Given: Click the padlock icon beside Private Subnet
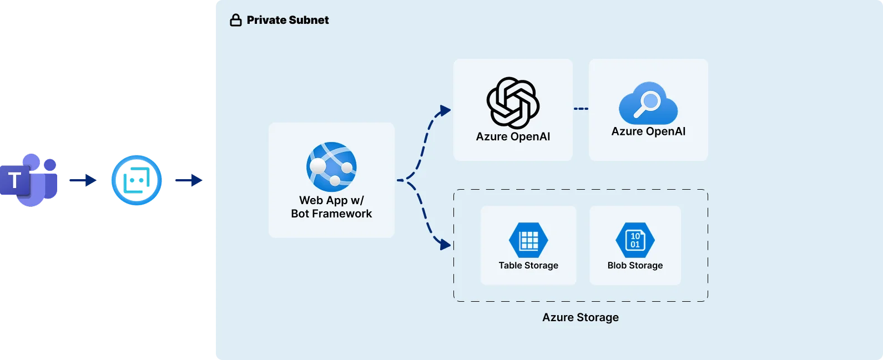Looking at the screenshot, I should [x=236, y=21].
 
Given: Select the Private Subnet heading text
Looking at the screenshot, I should [x=287, y=20].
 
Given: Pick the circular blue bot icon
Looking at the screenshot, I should [x=137, y=180].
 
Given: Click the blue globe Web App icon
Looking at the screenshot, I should [x=331, y=167].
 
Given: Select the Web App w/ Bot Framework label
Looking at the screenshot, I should [x=331, y=207].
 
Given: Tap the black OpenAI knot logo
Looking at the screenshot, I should [x=513, y=103].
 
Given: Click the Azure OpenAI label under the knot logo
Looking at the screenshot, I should [x=513, y=136].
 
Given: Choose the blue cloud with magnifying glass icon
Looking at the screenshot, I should [x=648, y=103].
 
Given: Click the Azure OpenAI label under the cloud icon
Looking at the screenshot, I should [x=648, y=131].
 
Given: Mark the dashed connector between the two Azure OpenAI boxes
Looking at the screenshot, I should [x=581, y=109].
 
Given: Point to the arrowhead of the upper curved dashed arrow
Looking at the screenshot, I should [x=444, y=110].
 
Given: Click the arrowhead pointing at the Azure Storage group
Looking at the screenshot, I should [x=444, y=244].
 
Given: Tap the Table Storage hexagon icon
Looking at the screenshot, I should [x=528, y=240].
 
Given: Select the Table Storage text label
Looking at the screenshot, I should [x=528, y=266].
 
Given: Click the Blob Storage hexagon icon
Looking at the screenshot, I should [x=635, y=240].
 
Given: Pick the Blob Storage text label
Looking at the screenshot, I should [x=635, y=266].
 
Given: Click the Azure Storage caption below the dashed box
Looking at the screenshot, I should [x=581, y=317].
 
